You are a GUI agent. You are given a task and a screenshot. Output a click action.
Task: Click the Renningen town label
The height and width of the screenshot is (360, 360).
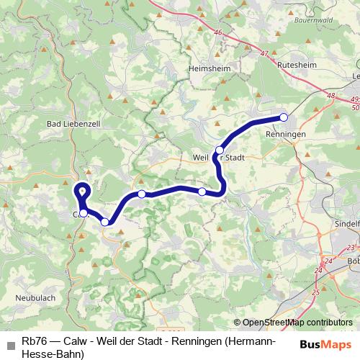(286, 135)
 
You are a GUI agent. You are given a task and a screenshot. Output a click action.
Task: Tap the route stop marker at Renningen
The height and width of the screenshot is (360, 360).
(284, 117)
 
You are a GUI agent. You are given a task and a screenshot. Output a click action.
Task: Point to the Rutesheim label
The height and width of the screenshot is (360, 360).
(295, 63)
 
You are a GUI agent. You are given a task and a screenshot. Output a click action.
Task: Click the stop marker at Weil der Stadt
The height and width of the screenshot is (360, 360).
(219, 150)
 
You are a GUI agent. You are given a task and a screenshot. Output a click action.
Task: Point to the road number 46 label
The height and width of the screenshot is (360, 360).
(218, 32)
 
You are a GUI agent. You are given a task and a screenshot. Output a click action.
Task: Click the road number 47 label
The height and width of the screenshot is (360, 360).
(265, 53)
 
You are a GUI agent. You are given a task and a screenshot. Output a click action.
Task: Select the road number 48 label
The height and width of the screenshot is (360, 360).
(330, 94)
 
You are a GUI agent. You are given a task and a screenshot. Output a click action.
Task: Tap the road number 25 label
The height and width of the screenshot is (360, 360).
(315, 292)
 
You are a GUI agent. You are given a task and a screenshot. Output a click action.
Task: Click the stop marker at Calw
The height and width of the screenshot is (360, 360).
(84, 212)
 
